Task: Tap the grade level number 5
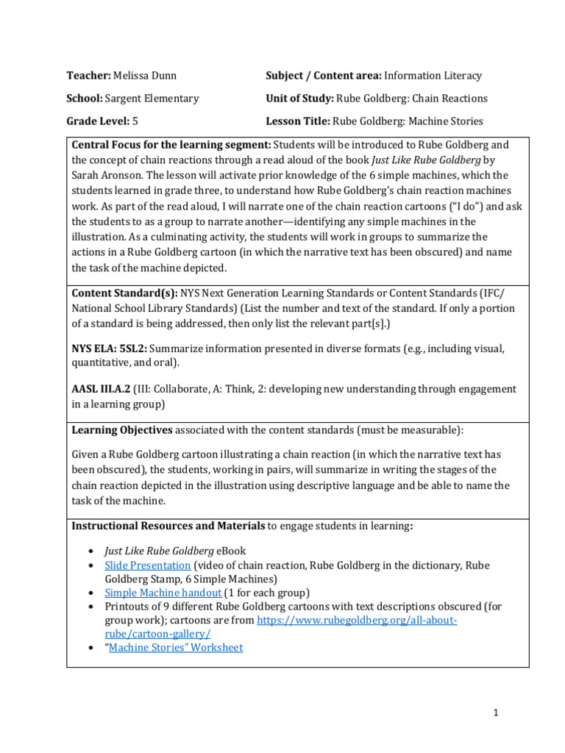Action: point(135,121)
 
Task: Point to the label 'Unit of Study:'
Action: point(299,99)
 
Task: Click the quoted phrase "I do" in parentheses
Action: point(446,206)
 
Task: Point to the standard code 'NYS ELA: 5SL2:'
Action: point(113,348)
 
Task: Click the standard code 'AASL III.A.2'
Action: point(101,388)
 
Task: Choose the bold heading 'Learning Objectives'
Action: point(121,429)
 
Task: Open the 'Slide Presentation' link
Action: point(147,565)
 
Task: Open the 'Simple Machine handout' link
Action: point(163,593)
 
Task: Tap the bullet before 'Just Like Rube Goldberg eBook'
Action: point(90,551)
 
